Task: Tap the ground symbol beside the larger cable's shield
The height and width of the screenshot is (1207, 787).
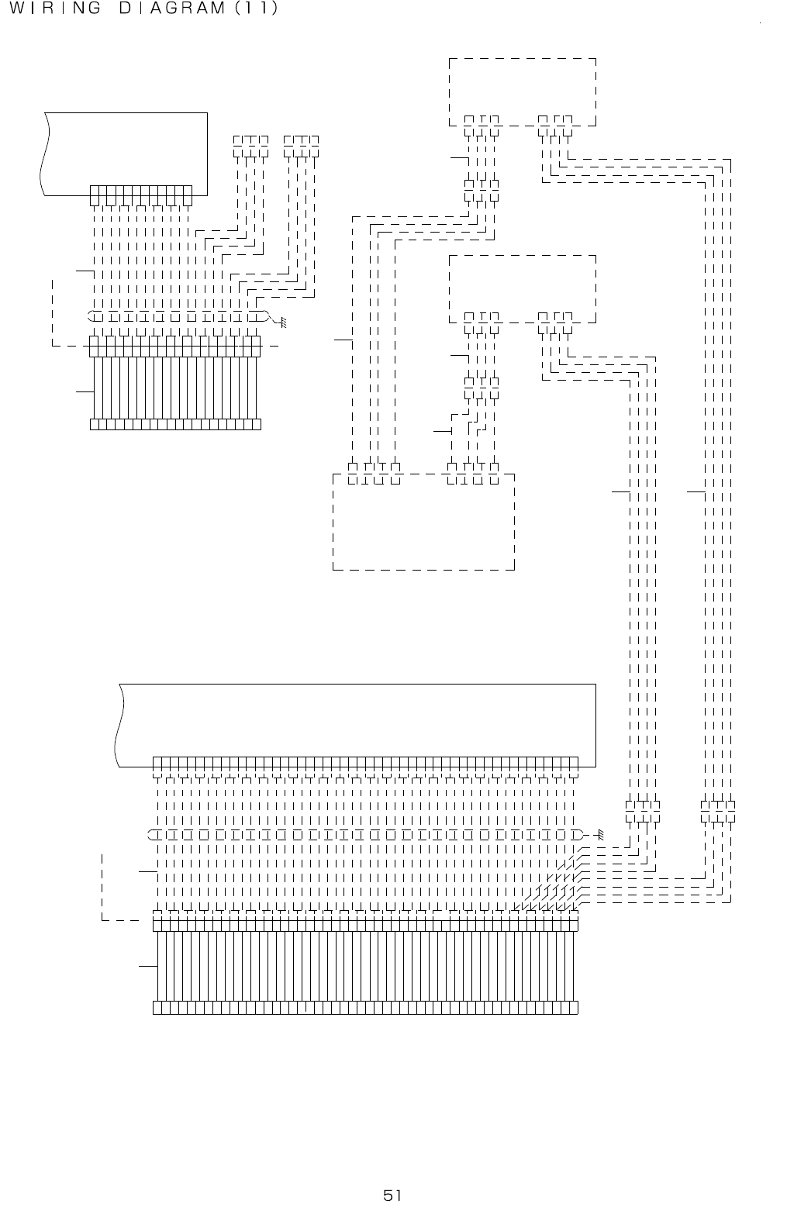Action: pos(599,836)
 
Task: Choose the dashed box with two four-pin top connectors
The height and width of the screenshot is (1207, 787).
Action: pos(423,521)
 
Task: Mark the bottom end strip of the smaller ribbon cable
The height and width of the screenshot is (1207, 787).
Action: pos(175,424)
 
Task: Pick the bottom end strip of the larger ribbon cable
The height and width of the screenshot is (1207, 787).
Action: pos(365,1008)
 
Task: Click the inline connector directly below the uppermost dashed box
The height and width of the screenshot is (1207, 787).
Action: pos(482,190)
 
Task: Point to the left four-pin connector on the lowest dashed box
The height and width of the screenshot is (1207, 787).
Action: pos(374,474)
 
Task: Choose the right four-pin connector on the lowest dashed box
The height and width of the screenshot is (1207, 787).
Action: pos(473,474)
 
